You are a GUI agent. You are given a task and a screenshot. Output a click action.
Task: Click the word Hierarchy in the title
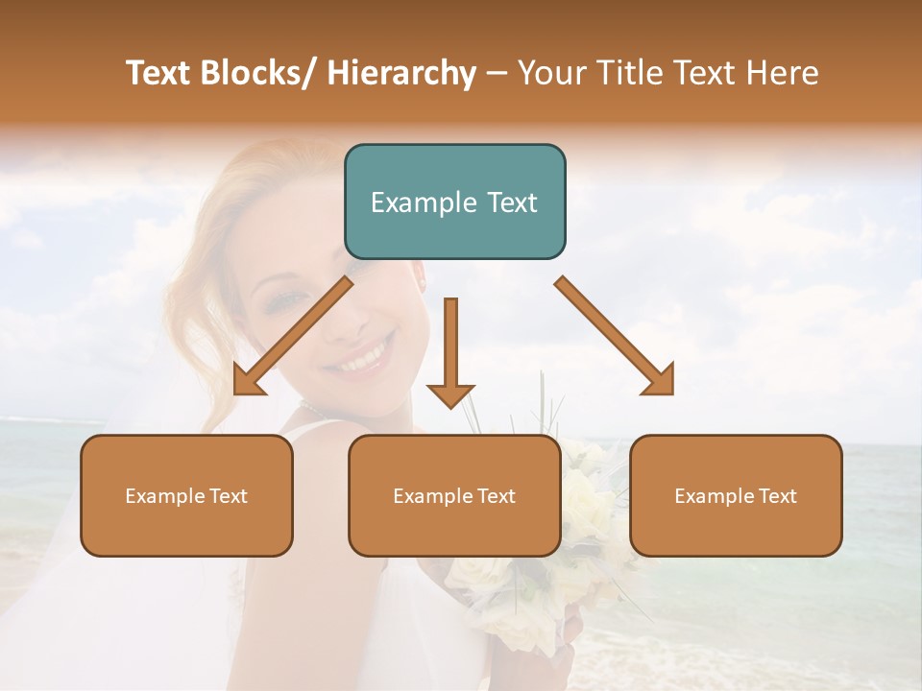(x=400, y=74)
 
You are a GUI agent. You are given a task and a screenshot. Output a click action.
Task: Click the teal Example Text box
(x=454, y=202)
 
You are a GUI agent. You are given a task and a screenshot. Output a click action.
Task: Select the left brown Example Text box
(x=186, y=495)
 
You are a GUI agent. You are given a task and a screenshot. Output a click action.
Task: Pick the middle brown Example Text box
(x=454, y=495)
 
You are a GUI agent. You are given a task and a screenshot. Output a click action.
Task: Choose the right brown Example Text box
(x=736, y=495)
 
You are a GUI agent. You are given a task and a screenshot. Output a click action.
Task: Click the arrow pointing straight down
(x=450, y=355)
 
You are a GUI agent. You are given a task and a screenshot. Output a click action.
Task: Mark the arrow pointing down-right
(x=616, y=337)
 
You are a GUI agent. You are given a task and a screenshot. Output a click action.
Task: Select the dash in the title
(x=496, y=74)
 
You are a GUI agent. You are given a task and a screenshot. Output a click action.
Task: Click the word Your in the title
(x=551, y=74)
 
